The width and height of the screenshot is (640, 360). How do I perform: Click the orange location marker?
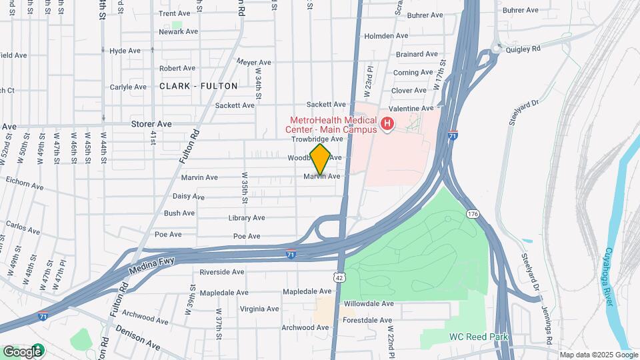[x=321, y=159]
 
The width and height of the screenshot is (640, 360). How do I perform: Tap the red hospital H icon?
[x=386, y=123]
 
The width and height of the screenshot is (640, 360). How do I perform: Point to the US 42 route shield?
[x=341, y=275]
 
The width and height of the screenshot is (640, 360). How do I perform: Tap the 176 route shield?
[x=473, y=213]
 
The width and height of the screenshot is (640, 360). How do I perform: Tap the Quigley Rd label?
[x=523, y=49]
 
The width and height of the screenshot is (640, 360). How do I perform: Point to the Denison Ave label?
[x=137, y=337]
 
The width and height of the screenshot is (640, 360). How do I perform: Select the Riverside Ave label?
[x=222, y=272]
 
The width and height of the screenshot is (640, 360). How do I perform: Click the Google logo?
[x=22, y=351]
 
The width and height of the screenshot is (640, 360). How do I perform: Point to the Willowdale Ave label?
[x=369, y=303]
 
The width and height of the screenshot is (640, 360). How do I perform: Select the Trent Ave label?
[x=175, y=13]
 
